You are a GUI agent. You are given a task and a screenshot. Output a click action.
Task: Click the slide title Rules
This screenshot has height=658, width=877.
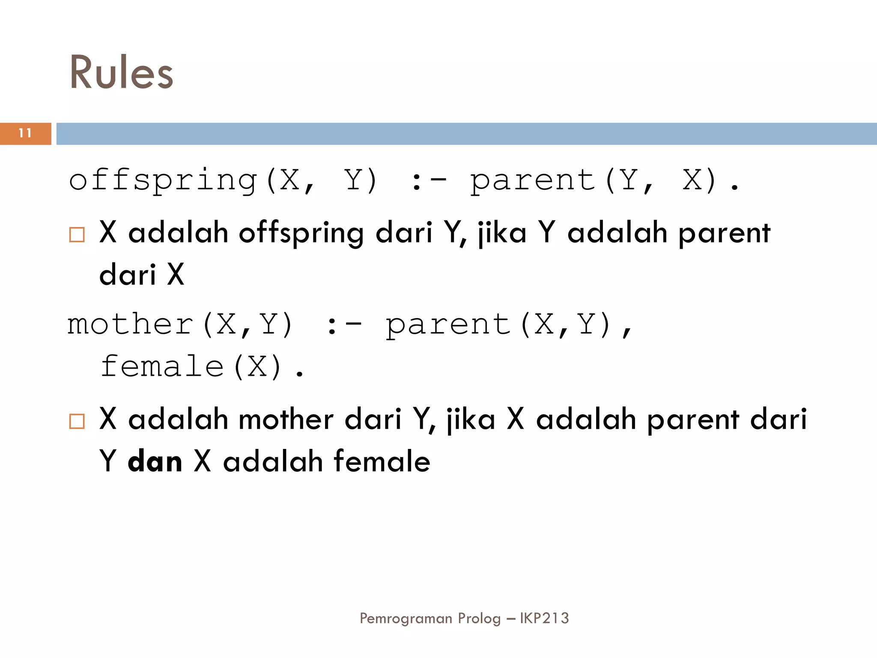[x=121, y=73]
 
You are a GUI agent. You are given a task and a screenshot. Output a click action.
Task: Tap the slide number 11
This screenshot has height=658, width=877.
[x=25, y=133]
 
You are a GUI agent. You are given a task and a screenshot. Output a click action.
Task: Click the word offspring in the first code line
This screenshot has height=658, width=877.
[x=163, y=180]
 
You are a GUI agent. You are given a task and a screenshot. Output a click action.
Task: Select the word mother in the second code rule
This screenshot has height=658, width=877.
[x=131, y=324]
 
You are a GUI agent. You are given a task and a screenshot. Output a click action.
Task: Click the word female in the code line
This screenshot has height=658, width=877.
[x=162, y=367]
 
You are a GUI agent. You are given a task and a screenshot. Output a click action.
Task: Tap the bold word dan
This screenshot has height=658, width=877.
[x=155, y=461]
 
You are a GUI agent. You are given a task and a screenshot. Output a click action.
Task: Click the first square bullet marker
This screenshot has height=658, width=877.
[x=77, y=234]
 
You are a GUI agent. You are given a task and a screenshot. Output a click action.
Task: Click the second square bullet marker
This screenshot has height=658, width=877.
[x=77, y=421]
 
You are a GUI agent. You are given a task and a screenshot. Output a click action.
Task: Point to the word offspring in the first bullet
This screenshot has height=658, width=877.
[x=301, y=233]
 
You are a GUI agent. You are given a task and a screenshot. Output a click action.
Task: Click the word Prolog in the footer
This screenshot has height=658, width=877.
[x=479, y=618]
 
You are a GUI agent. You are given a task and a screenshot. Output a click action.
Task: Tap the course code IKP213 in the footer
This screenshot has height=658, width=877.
[x=544, y=618]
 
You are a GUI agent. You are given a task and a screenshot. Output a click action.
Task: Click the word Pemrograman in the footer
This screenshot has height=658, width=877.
[x=406, y=618]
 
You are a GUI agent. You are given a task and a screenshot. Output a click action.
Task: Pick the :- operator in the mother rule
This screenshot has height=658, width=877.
[x=343, y=325]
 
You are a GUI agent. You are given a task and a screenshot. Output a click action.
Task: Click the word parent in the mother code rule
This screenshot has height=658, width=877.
[x=448, y=325]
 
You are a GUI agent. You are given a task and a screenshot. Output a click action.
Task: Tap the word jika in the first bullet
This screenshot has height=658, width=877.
[x=502, y=233]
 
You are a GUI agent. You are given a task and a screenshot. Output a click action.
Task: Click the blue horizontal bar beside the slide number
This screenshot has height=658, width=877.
[x=467, y=134]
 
